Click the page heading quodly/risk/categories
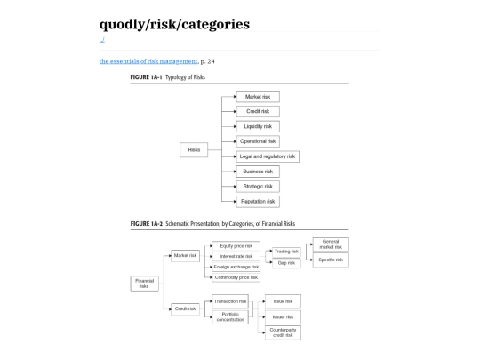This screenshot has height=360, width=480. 174,24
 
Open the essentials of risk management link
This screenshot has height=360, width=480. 148,61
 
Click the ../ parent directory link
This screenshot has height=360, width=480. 102,39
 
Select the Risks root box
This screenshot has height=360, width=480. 193,149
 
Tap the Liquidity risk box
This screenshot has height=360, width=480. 258,126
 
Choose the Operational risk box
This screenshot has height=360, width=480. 258,141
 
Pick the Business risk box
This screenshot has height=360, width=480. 258,171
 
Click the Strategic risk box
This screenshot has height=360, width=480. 258,186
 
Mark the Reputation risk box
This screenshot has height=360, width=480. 258,201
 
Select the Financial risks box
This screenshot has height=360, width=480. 143,284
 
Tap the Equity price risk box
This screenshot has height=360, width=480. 236,245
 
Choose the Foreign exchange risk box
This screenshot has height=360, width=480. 236,267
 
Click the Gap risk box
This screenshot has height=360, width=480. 285,263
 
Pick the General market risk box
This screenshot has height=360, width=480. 330,244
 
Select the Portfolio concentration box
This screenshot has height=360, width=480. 230,317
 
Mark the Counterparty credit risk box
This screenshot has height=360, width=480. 283,332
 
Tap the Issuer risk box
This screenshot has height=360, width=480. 283,316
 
